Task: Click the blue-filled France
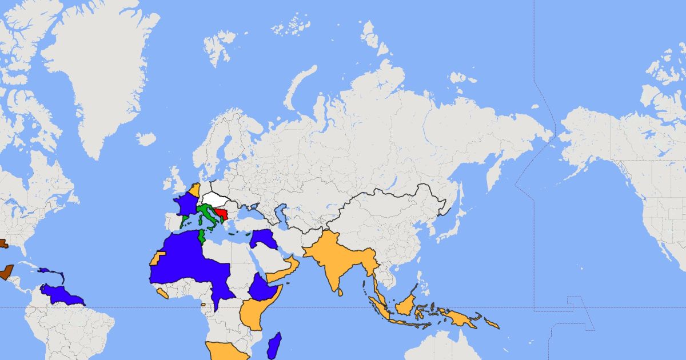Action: click(x=185, y=205)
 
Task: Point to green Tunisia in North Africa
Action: click(x=201, y=237)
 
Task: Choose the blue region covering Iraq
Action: click(x=262, y=238)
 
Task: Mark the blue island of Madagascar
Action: click(x=274, y=345)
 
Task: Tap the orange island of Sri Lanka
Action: click(x=340, y=291)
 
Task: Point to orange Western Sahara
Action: click(x=155, y=258)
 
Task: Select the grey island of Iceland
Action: click(x=146, y=139)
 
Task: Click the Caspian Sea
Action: click(x=281, y=215)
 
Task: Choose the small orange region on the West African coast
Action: click(x=162, y=293)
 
